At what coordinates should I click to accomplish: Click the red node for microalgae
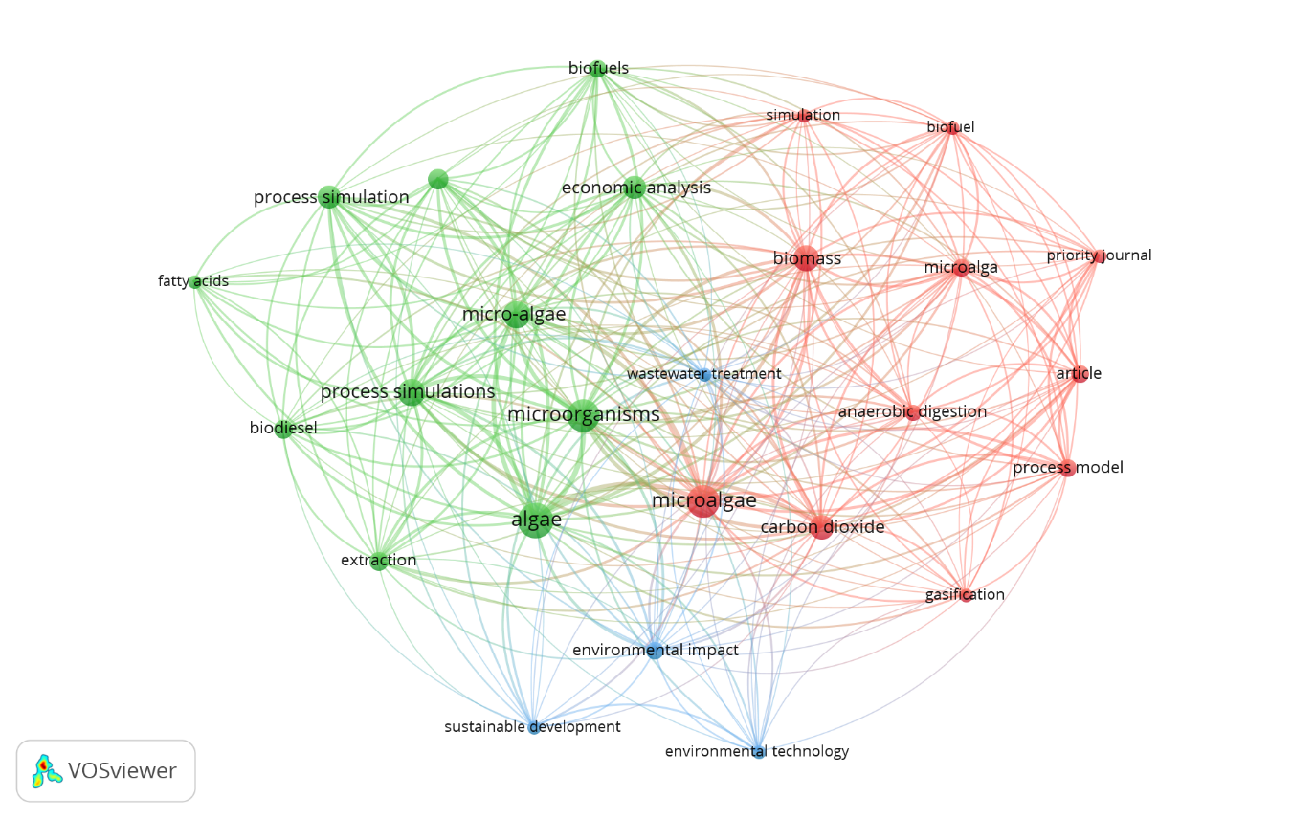[x=702, y=501]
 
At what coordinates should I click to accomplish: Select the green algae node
[x=536, y=520]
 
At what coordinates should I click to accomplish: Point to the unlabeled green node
[x=437, y=179]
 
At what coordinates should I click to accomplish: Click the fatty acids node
[x=195, y=282]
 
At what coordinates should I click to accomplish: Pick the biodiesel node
[x=283, y=430]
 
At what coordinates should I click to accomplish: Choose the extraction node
[x=379, y=562]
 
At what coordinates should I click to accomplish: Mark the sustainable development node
[x=534, y=728]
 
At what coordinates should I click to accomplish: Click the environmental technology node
[x=758, y=752]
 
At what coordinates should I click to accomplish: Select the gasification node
[x=966, y=595]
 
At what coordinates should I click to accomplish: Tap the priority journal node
[x=1099, y=256]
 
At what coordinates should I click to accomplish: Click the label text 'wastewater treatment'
[x=704, y=374]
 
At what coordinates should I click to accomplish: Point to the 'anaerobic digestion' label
[x=912, y=412]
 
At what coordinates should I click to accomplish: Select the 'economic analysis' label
[x=636, y=188]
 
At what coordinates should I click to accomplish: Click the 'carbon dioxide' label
[x=822, y=527]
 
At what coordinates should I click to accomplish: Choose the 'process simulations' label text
[x=408, y=392]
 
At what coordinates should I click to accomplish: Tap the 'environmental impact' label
[x=656, y=651]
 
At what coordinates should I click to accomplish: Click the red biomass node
[x=806, y=258]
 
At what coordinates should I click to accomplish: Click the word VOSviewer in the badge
[x=122, y=771]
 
